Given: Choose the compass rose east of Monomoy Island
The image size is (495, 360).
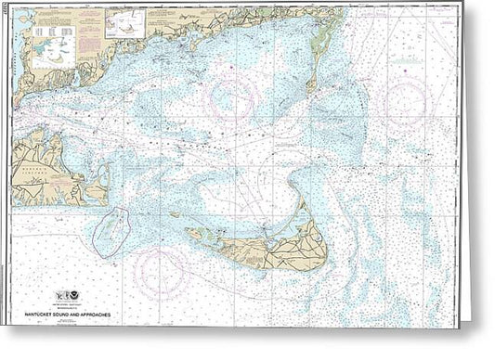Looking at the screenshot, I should point(407,100).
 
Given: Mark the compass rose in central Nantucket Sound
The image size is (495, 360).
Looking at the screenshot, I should point(233,98).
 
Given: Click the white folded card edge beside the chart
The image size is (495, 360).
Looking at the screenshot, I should point(478,176).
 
